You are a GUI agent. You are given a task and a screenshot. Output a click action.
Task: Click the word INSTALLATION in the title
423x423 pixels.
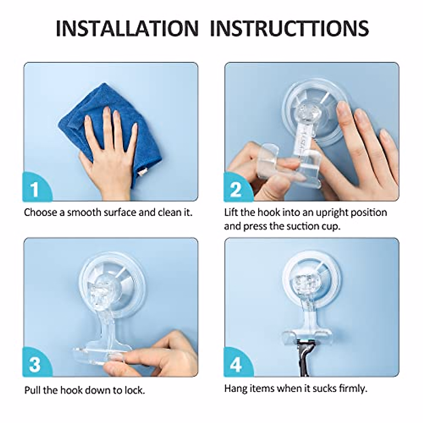(127, 29)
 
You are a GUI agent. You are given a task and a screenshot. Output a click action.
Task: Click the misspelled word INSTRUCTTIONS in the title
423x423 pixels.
(289, 29)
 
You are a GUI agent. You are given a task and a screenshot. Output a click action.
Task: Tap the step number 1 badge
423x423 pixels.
(37, 187)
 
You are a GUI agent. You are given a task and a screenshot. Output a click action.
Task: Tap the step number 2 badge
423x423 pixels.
(238, 187)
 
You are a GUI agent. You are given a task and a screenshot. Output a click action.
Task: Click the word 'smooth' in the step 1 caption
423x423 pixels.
(84, 213)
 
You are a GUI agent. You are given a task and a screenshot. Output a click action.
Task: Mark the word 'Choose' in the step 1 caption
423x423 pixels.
(41, 213)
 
